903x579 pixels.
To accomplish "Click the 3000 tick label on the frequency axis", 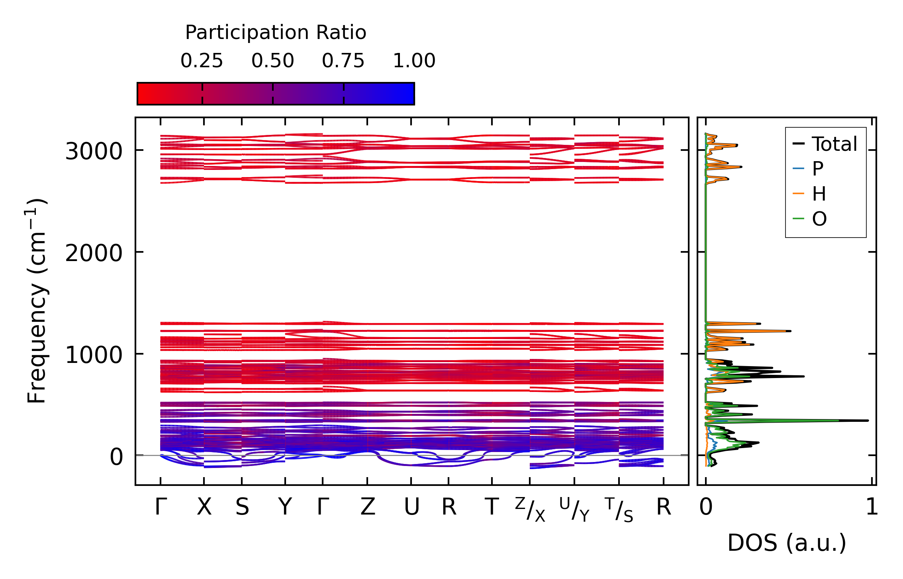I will coord(93,152).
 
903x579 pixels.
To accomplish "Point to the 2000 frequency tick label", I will coord(93,253).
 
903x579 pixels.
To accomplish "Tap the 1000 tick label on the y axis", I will coord(93,355).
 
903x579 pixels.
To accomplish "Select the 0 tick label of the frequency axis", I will coord(116,457).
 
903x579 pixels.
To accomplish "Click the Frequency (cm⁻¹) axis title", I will coord(37,301).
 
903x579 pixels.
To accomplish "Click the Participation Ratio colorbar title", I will coord(276,33).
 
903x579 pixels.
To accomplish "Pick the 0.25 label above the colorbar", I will coord(202,61).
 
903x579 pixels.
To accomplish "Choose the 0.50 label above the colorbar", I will coord(272,61).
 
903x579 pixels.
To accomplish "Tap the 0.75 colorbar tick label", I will coord(343,61).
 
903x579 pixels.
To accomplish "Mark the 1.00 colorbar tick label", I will coord(414,61).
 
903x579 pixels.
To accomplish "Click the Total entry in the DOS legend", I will coord(834,144).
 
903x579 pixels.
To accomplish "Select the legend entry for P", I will coord(817,169).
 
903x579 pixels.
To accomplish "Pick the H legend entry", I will coord(819,194).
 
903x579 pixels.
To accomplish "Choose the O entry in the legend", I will coord(819,219).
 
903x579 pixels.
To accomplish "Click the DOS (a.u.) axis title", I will coord(787,543).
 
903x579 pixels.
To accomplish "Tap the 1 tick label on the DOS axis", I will coord(872,507).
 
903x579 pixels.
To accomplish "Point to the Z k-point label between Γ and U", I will coord(367,507).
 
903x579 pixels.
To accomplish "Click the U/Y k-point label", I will coord(574,510).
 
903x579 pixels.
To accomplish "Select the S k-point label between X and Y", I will coord(242,507).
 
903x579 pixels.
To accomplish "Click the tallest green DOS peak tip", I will coord(838,420).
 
